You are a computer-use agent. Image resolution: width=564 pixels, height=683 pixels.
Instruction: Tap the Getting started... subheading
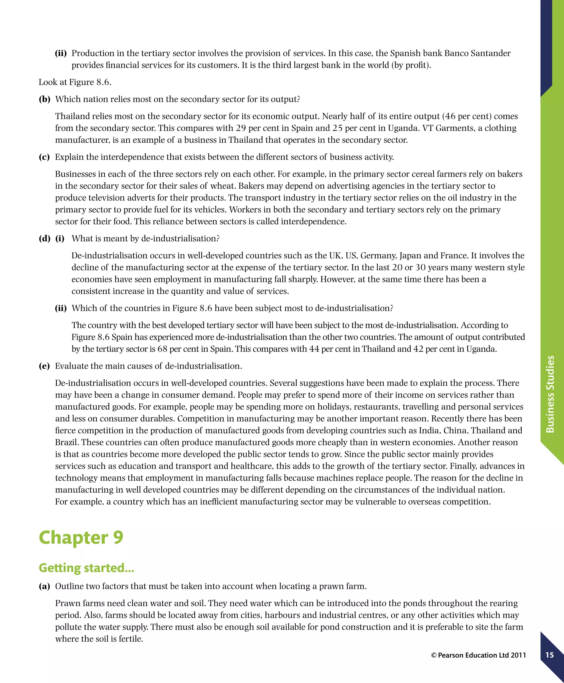click(86, 568)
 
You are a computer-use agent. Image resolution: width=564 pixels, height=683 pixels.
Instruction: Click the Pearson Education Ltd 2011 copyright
click(478, 655)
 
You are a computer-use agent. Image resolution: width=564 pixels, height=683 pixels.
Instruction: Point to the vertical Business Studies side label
click(550, 394)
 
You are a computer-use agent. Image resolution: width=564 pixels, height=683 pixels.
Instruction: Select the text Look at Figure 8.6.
click(75, 82)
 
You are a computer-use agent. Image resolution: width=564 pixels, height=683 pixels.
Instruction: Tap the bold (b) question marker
click(45, 99)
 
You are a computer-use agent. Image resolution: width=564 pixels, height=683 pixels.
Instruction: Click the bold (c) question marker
click(44, 157)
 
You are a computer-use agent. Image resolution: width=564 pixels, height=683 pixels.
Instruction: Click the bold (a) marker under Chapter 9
click(44, 587)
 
